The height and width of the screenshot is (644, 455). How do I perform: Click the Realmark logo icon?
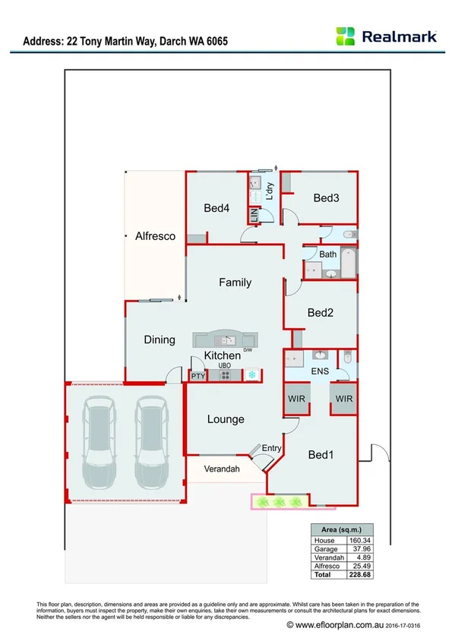(346, 36)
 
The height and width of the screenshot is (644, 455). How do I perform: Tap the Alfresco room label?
(155, 236)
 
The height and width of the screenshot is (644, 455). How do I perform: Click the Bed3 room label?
(326, 197)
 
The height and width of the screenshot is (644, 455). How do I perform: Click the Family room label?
(235, 283)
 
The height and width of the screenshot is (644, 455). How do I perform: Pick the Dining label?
(160, 340)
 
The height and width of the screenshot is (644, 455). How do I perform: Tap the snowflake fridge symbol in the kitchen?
(251, 375)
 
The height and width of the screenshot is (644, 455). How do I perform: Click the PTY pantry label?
(198, 375)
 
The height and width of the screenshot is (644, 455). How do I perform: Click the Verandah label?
(223, 469)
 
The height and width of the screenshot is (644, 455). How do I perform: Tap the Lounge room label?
(226, 419)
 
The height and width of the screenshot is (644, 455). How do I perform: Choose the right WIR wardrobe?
(344, 399)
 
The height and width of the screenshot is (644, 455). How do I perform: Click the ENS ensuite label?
(319, 371)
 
